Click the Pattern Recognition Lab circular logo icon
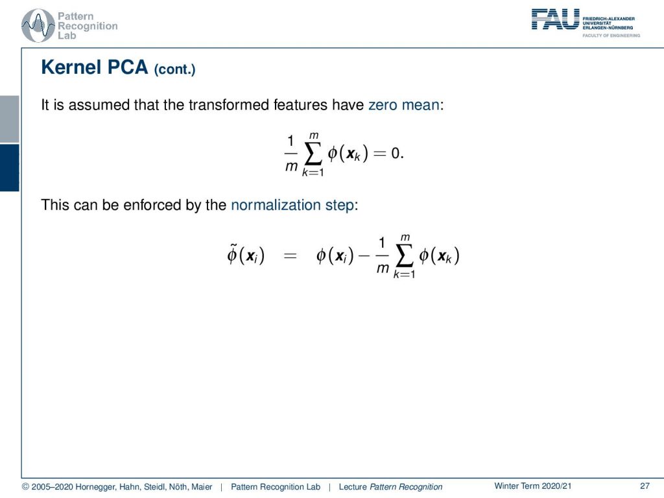tap(38, 26)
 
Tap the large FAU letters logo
tap(555, 19)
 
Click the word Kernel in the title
tap(71, 67)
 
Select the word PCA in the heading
tap(128, 67)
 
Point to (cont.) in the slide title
tap(174, 69)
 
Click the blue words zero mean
tap(404, 104)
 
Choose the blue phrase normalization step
tap(292, 205)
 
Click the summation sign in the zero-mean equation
tap(313, 154)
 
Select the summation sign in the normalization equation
tap(405, 255)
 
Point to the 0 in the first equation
tap(395, 153)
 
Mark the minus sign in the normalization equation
tap(364, 255)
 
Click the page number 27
tap(645, 486)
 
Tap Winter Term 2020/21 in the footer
tap(533, 486)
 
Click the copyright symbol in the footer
tap(25, 486)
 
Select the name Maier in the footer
tap(202, 486)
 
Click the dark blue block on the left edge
tap(9, 168)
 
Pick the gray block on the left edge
tap(9, 119)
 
